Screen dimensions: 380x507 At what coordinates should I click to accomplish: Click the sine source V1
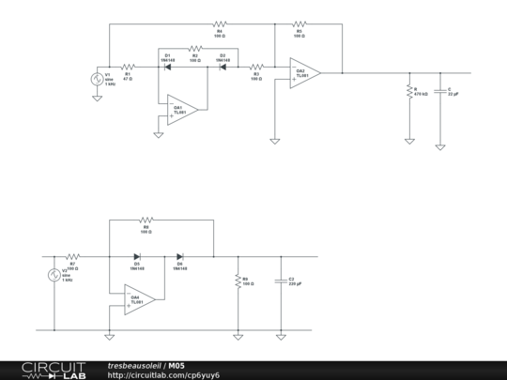pyautogui.click(x=96, y=80)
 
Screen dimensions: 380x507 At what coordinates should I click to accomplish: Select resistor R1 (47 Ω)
pyautogui.click(x=129, y=67)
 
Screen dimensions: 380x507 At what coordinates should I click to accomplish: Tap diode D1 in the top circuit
pyautogui.click(x=167, y=67)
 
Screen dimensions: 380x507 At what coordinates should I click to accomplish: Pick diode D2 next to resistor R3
pyautogui.click(x=223, y=67)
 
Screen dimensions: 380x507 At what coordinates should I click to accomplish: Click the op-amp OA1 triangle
pyautogui.click(x=178, y=108)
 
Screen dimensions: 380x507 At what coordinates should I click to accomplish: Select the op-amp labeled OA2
pyautogui.click(x=303, y=73)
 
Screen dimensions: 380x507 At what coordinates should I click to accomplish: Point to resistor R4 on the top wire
pyautogui.click(x=221, y=23)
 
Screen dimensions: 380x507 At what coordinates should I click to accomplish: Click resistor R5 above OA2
pyautogui.click(x=300, y=23)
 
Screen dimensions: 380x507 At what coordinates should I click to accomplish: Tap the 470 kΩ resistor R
pyautogui.click(x=409, y=92)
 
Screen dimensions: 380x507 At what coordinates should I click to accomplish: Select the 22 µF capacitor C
pyautogui.click(x=440, y=91)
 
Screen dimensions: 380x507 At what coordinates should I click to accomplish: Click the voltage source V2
pyautogui.click(x=54, y=275)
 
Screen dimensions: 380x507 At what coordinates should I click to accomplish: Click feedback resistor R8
pyautogui.click(x=146, y=220)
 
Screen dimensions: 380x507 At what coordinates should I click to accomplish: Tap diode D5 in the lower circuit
pyautogui.click(x=137, y=255)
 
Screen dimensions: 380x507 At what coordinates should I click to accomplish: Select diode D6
pyautogui.click(x=180, y=255)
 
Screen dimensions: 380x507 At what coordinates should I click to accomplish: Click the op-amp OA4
pyautogui.click(x=138, y=299)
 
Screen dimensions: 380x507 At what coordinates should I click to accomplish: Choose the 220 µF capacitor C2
pyautogui.click(x=280, y=281)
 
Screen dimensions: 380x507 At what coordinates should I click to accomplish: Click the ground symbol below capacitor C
pyautogui.click(x=440, y=145)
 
